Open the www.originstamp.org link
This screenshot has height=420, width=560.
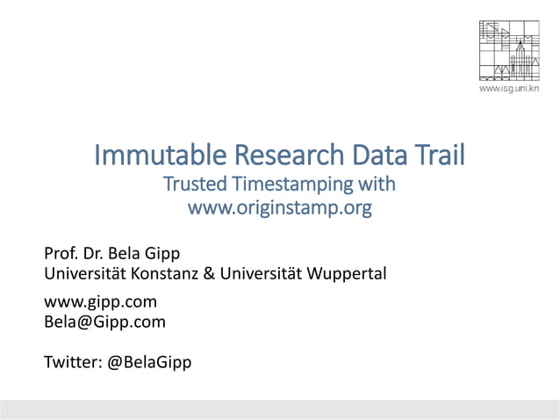coord(280,208)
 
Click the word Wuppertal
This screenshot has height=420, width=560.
coord(342,274)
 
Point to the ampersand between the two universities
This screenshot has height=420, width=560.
coord(208,273)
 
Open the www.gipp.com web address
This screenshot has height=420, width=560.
coord(100,302)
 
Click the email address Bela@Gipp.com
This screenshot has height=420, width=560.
coord(104,322)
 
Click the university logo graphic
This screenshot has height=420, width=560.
coord(508,48)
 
